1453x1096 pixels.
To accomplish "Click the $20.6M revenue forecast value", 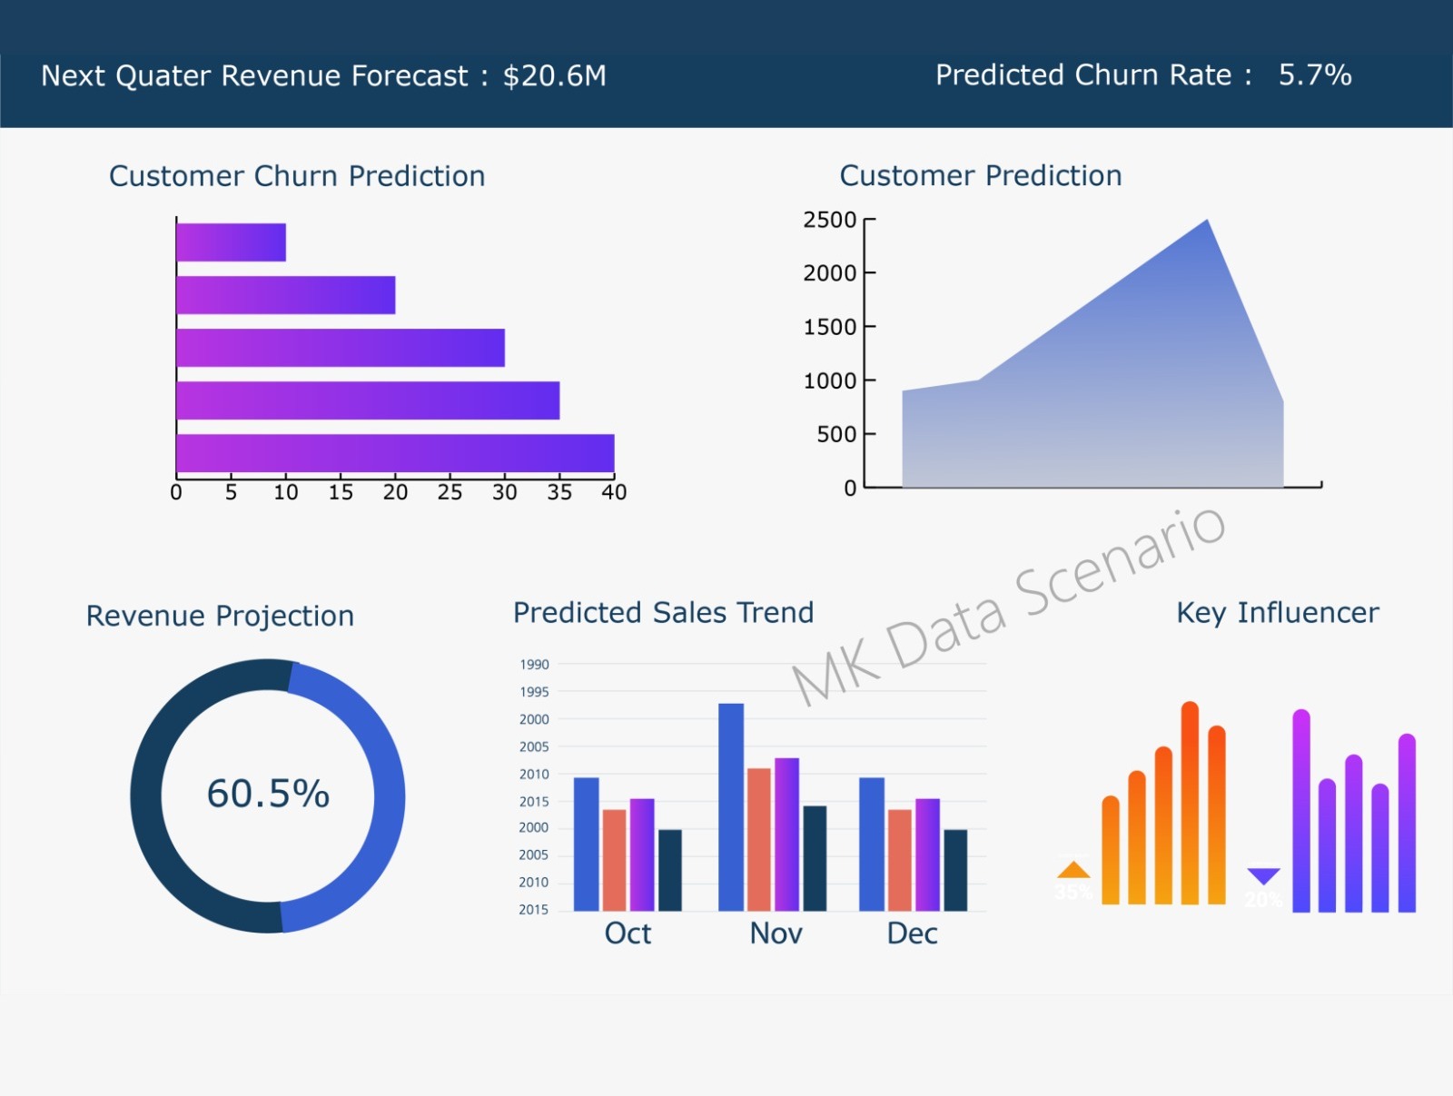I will click(554, 76).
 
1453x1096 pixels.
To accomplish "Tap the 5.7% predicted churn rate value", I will click(1314, 75).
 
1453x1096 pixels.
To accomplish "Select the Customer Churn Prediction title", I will click(297, 176).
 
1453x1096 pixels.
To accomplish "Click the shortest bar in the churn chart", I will click(231, 242).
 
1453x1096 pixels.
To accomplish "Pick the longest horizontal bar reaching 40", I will click(395, 453).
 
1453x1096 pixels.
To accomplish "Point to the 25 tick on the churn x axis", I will click(450, 492).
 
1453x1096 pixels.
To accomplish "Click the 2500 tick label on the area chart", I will click(829, 220).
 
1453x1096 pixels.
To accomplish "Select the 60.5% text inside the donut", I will click(268, 794).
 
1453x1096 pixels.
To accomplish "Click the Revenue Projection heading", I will click(220, 616).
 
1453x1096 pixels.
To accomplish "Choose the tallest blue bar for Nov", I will click(731, 806).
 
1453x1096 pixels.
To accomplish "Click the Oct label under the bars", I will click(628, 933).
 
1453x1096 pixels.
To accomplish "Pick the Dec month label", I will click(912, 933).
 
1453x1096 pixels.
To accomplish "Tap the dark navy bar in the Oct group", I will click(670, 870).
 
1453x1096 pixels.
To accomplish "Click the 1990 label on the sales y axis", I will click(534, 665).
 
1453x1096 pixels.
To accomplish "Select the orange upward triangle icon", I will click(1073, 870).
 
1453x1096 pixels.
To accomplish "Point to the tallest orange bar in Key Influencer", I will click(1190, 804).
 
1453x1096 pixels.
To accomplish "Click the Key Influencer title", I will click(1277, 613).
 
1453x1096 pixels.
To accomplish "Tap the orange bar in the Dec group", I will click(899, 860).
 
